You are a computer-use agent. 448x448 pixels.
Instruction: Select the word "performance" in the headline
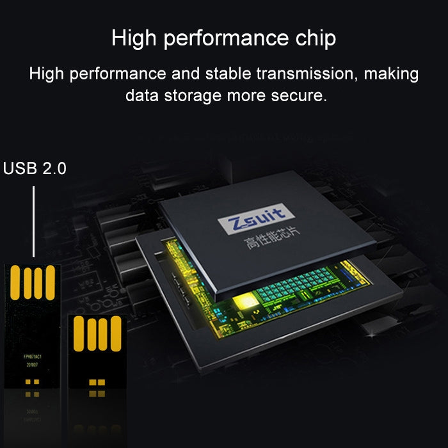225,40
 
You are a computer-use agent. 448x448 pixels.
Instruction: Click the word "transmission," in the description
306,74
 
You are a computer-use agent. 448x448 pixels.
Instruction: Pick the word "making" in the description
391,74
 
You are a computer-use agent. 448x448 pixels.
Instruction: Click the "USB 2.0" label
35,168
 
